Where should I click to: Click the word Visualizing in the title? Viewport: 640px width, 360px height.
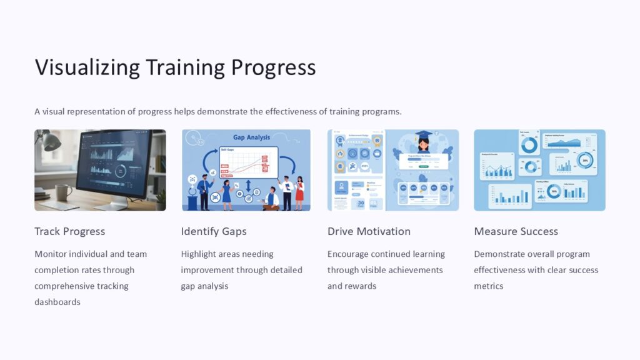pyautogui.click(x=87, y=67)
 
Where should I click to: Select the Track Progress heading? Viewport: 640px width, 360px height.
pyautogui.click(x=69, y=231)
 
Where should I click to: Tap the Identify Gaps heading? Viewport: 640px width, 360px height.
pyautogui.click(x=214, y=231)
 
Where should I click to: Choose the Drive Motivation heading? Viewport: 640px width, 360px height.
pyautogui.click(x=369, y=231)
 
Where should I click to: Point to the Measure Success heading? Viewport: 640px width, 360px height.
pyautogui.click(x=516, y=231)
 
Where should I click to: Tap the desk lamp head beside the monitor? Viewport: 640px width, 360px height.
pyautogui.click(x=51, y=142)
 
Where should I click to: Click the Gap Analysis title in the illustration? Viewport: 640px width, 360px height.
pyautogui.click(x=251, y=137)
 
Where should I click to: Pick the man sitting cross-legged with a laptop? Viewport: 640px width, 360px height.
pyautogui.click(x=271, y=198)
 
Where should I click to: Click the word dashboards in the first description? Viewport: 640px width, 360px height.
pyautogui.click(x=57, y=302)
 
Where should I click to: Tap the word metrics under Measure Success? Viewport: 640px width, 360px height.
pyautogui.click(x=488, y=286)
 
